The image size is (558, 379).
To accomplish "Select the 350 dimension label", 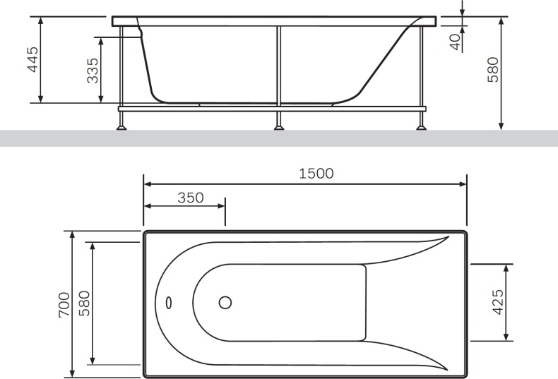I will [190, 198].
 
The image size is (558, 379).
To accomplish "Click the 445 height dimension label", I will [32, 60].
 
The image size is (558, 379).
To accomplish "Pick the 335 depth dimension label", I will [93, 71].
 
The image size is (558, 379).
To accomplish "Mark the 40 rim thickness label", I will [456, 40].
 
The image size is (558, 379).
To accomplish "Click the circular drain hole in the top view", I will [225, 303].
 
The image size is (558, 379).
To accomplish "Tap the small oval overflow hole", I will [169, 303].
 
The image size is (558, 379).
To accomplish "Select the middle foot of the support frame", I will [280, 126].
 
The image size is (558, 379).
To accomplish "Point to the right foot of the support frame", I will [422, 126].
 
